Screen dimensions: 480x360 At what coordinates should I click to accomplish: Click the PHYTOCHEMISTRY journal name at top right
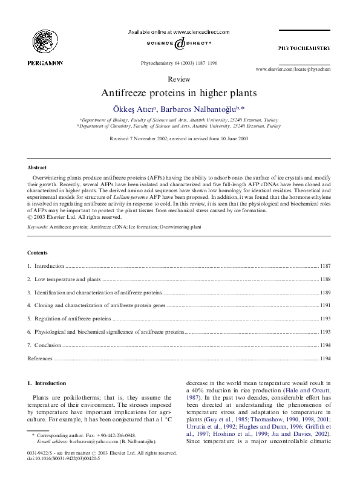point(304,48)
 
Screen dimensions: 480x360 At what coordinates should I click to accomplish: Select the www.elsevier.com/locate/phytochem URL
point(293,70)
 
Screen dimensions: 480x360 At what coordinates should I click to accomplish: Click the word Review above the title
point(179,79)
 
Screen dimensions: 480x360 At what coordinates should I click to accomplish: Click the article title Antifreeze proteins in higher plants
point(179,93)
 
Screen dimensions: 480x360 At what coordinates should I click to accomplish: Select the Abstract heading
point(38,167)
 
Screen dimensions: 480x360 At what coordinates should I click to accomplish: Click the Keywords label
point(38,227)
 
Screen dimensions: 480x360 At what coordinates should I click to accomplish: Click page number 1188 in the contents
point(326,279)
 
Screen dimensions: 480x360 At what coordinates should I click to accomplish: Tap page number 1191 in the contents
point(326,305)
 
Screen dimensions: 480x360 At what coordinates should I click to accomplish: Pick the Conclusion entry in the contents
point(48,345)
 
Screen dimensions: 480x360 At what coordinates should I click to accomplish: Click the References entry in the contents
point(41,358)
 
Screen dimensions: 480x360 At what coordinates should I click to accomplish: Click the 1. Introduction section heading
point(47,383)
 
